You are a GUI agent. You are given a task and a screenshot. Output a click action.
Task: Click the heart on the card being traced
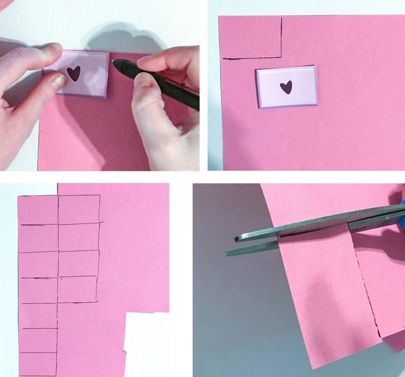(73, 74)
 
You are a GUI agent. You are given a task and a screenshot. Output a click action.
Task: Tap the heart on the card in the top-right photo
(286, 87)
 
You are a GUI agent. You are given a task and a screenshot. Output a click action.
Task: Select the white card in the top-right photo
(286, 86)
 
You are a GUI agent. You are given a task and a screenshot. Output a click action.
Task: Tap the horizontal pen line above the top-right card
(252, 58)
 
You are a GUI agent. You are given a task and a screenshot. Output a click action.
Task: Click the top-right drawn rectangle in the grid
(79, 209)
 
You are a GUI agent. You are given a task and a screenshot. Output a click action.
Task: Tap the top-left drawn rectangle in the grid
(38, 210)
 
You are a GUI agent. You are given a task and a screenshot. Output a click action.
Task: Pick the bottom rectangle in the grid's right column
(78, 288)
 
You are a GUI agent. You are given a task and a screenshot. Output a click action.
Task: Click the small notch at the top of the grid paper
(57, 189)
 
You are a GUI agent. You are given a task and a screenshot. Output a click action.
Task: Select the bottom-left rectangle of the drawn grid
(38, 364)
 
